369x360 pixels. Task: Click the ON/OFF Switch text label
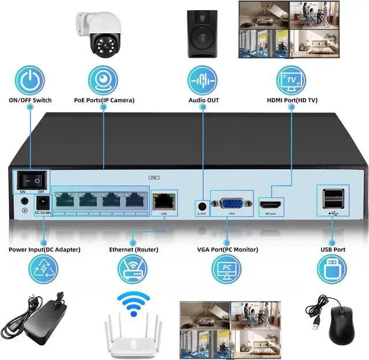point(30,100)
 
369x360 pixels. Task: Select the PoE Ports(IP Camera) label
point(104,100)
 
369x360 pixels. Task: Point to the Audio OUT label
point(204,100)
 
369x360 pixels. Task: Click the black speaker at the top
point(203,33)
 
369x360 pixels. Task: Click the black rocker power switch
point(31,179)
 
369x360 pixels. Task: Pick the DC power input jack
point(42,203)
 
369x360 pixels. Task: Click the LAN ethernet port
point(164,201)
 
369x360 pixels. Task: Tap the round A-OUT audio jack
point(202,205)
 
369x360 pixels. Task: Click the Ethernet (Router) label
point(133,250)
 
